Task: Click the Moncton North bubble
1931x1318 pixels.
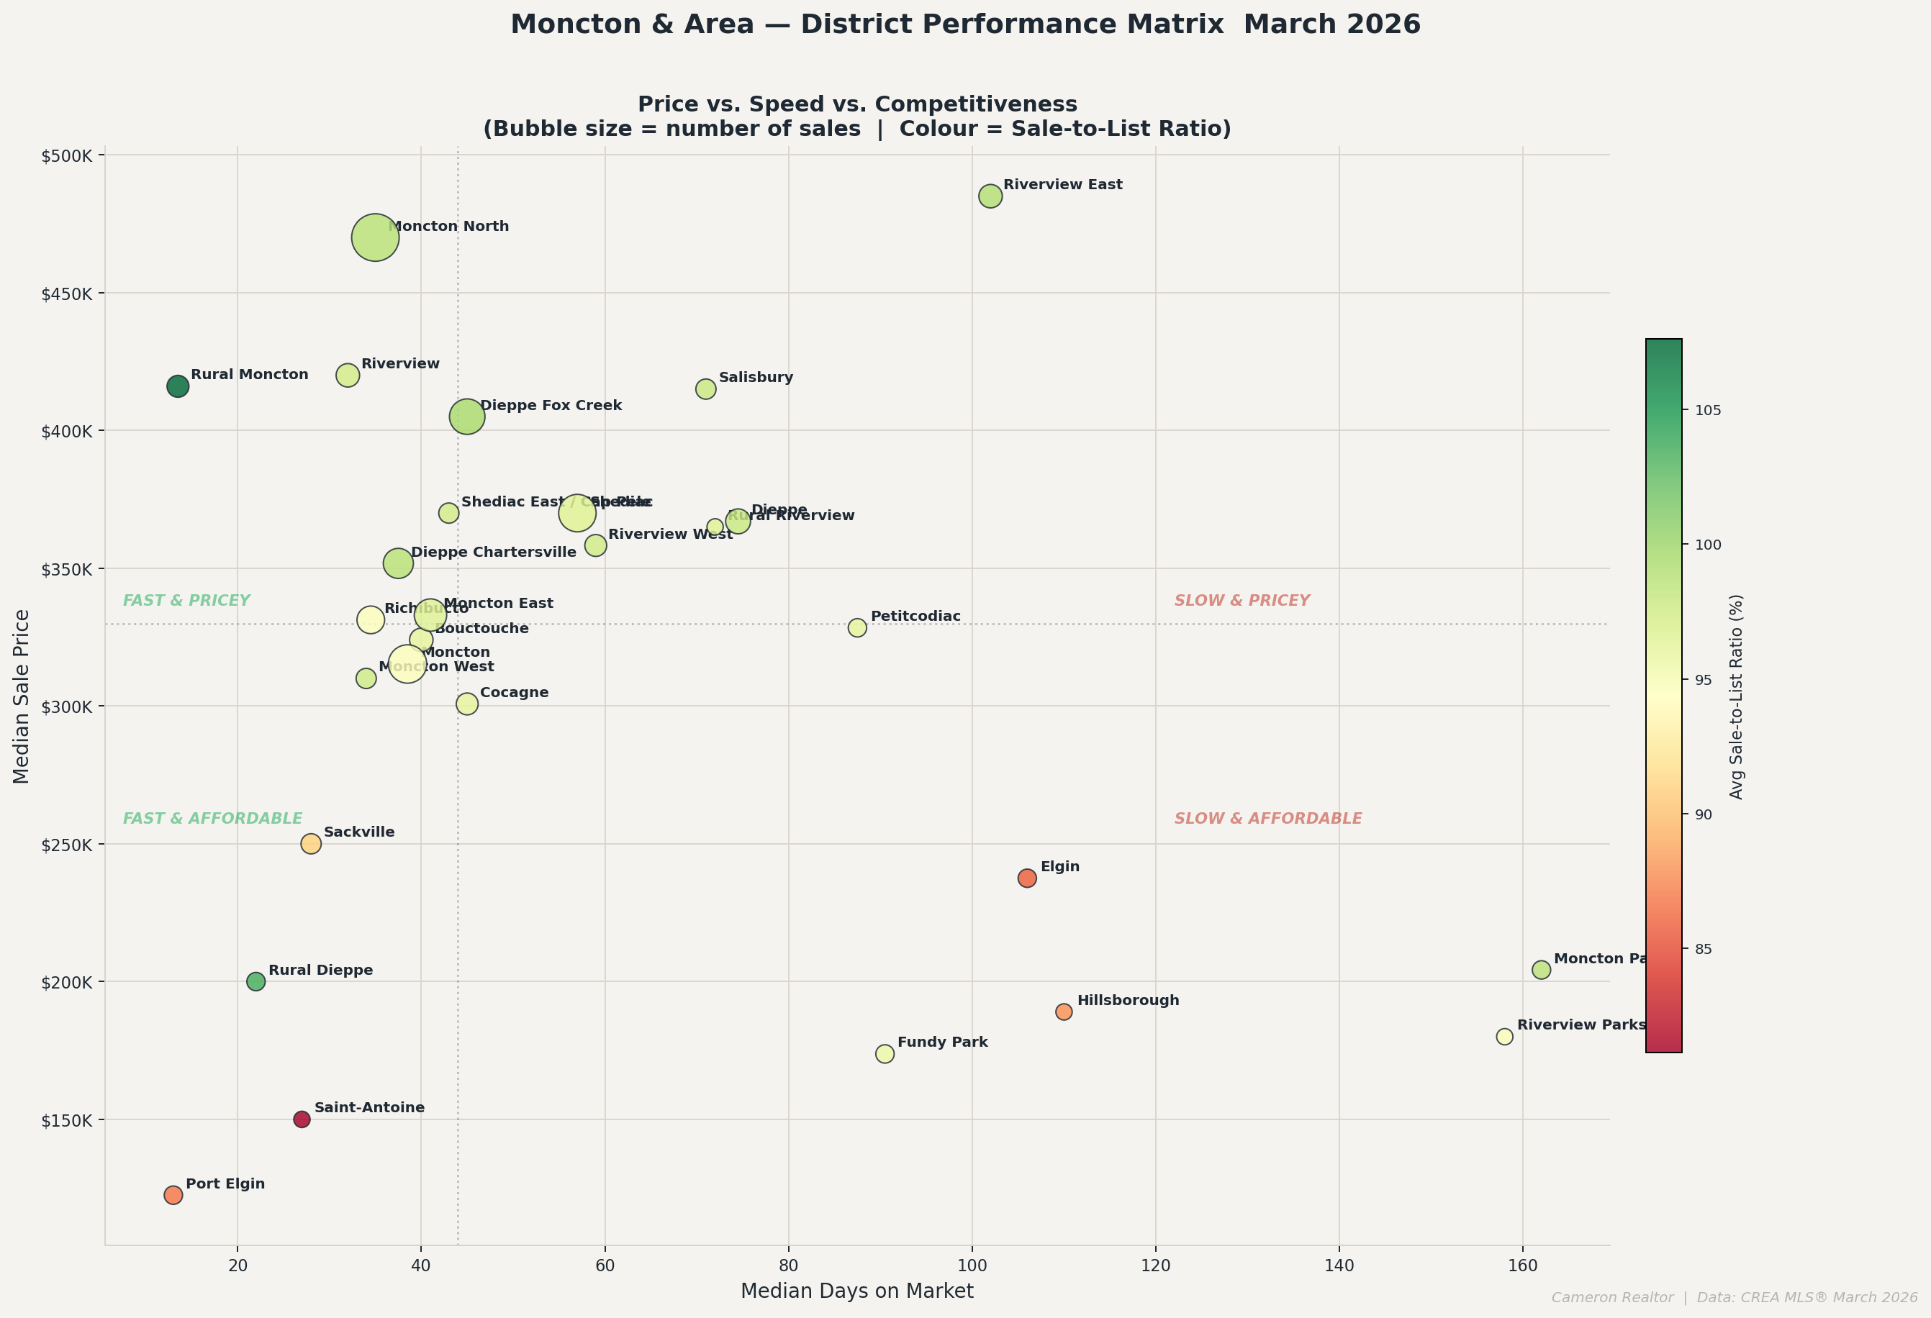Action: [x=375, y=237]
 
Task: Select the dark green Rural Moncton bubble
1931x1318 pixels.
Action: [x=178, y=386]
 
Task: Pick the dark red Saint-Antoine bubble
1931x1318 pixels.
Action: [x=302, y=1119]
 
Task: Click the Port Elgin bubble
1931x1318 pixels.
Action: [x=173, y=1195]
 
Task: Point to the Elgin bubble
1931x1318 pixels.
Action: [x=1027, y=878]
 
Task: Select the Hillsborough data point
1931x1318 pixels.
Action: [x=1064, y=1012]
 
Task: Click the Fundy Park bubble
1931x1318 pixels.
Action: [x=885, y=1054]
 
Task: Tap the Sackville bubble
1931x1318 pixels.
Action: [x=311, y=844]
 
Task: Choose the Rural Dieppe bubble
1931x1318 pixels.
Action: [x=256, y=981]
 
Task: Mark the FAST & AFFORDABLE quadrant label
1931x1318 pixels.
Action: [x=213, y=819]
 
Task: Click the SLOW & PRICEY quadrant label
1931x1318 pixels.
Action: [x=1242, y=601]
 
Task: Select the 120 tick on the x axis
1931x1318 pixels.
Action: [x=1155, y=1265]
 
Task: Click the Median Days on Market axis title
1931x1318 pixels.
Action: [x=856, y=1291]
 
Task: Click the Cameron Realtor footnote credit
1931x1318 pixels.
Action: [x=1733, y=1297]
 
